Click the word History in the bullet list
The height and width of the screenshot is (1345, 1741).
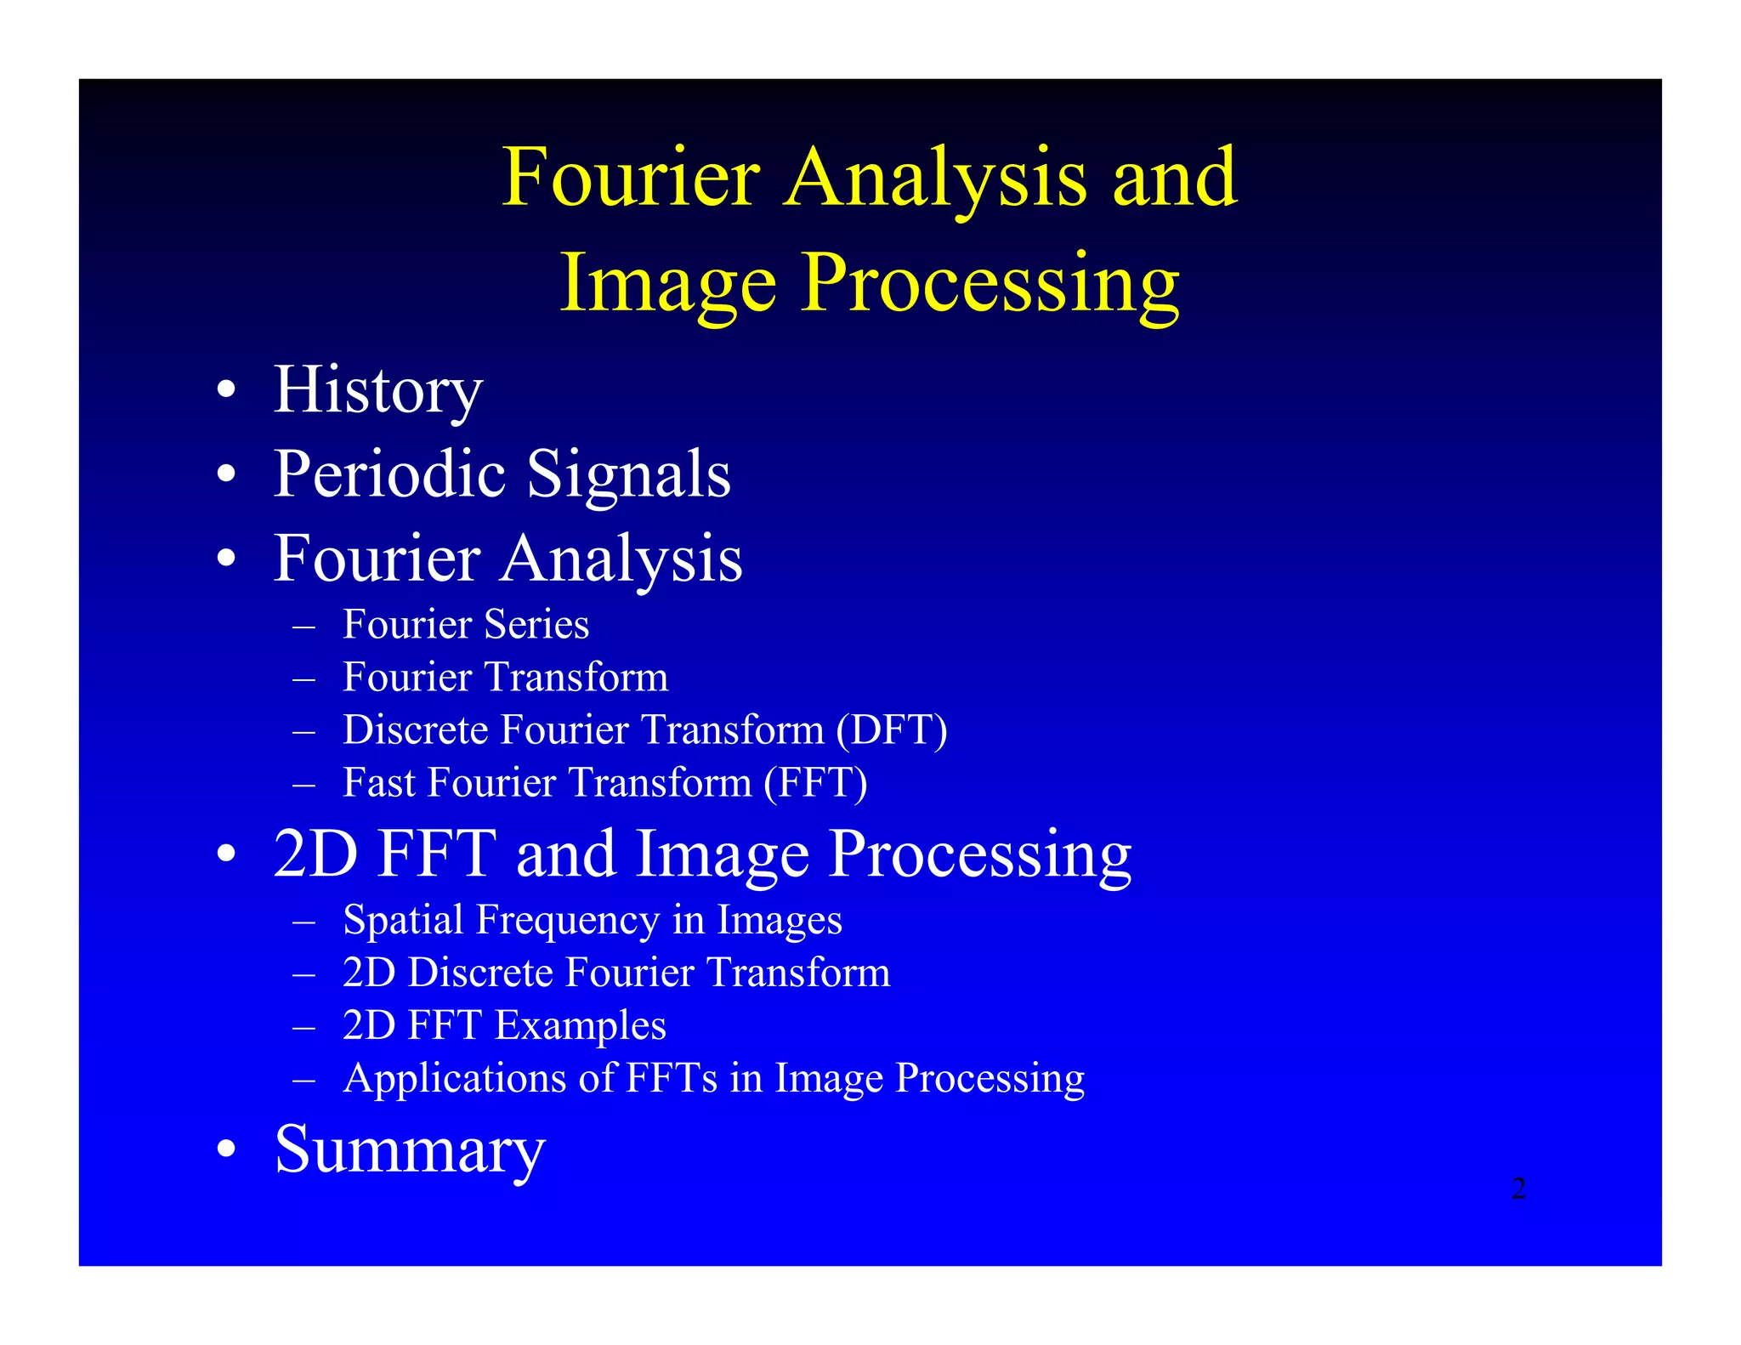point(377,391)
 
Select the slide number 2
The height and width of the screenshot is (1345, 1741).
point(1518,1188)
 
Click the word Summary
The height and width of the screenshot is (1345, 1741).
point(410,1149)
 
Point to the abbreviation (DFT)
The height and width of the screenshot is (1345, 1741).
point(891,729)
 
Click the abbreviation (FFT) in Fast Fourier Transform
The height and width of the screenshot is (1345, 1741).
point(815,782)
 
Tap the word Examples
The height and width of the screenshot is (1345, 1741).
point(581,1026)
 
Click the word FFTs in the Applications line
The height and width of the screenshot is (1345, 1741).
point(672,1078)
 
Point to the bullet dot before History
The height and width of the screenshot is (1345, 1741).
point(225,391)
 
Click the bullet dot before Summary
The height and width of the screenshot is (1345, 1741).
point(225,1149)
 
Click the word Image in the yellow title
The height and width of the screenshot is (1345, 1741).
point(668,284)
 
